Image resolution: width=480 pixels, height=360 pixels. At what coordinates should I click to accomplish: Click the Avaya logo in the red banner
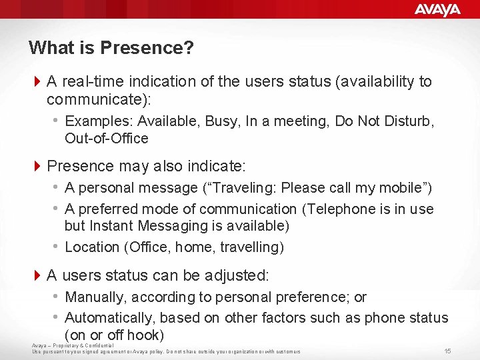pyautogui.click(x=437, y=9)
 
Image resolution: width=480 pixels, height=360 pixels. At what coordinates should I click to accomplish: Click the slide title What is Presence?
pyautogui.click(x=111, y=48)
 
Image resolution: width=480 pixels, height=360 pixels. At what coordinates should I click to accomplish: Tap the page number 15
pyautogui.click(x=447, y=351)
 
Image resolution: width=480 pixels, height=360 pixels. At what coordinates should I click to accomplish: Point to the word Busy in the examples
pyautogui.click(x=223, y=121)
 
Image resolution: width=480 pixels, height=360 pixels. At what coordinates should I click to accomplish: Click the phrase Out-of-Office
pyautogui.click(x=107, y=139)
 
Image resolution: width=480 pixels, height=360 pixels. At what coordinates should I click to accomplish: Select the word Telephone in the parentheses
pyautogui.click(x=341, y=209)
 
